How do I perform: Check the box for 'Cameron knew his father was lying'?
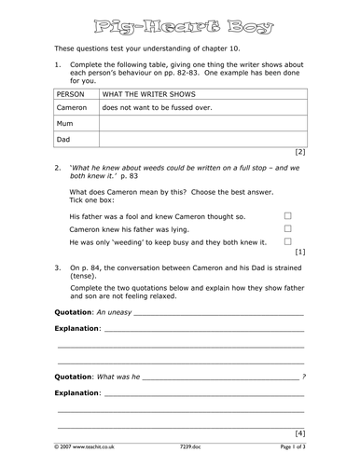287,227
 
